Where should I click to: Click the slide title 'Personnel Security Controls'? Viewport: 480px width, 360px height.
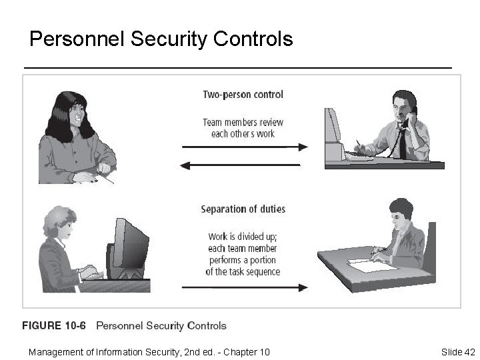coord(161,39)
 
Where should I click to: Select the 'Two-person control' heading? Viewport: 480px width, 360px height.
coord(243,95)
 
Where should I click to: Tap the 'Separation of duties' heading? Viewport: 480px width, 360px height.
coord(243,209)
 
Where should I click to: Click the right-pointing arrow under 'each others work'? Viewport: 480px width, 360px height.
coord(245,147)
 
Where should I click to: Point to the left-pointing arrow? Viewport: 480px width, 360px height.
coord(241,165)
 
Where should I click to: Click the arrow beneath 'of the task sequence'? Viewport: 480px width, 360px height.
coord(245,288)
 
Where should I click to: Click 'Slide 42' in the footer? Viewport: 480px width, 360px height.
coord(457,351)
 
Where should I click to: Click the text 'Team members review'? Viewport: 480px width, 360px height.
coord(243,122)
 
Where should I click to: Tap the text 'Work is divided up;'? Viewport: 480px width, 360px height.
coord(243,236)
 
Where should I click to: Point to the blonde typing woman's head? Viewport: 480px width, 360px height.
coord(58,227)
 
